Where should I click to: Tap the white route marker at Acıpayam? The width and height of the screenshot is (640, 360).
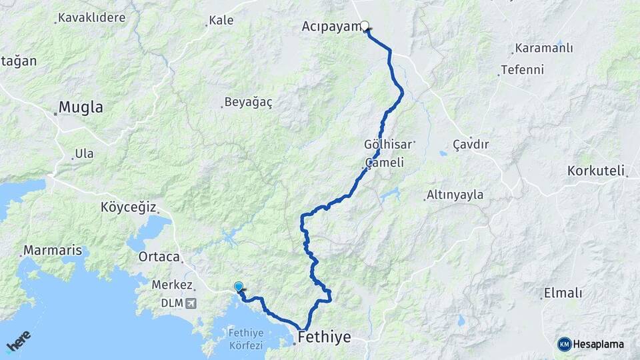tap(365, 27)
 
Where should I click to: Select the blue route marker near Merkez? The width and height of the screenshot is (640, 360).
tap(239, 287)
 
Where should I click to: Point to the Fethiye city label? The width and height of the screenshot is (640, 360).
tap(325, 337)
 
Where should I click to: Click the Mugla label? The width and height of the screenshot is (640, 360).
tap(81, 107)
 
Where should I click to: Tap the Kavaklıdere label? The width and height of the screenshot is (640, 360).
tap(91, 17)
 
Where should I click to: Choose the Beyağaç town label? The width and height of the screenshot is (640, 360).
tap(248, 102)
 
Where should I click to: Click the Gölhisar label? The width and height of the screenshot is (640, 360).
tap(389, 144)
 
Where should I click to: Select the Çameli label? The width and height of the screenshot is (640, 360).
tap(385, 163)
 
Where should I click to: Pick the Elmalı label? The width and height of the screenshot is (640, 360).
tap(563, 293)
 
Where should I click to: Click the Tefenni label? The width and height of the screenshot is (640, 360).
tap(523, 69)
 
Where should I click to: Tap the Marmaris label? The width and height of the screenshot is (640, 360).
tap(53, 251)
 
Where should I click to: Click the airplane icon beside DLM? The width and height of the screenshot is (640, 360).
tap(193, 303)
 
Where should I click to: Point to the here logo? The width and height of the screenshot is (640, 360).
tap(19, 342)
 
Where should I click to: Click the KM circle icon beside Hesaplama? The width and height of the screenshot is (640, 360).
tap(565, 344)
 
